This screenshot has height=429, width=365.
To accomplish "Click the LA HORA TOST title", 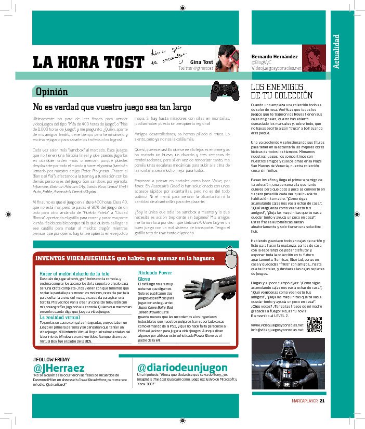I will [x=88, y=61].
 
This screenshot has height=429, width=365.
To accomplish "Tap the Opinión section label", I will [x=51, y=92].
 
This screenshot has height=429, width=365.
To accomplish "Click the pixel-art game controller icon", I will [x=224, y=91].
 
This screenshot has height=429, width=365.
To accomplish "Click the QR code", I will [x=314, y=324].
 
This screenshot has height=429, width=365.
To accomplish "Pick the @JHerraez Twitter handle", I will [x=58, y=368].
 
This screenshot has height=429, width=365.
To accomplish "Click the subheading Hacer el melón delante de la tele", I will [x=75, y=273].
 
